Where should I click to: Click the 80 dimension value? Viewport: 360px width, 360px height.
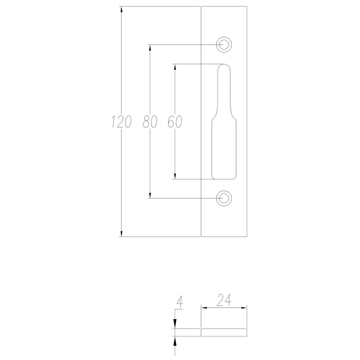pos(150,122)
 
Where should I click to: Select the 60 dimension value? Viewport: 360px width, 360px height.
pos(175,122)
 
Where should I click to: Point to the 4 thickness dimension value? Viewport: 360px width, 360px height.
pos(180,302)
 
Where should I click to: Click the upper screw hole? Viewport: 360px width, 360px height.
pos(224,45)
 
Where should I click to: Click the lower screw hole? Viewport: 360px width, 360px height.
pos(224,198)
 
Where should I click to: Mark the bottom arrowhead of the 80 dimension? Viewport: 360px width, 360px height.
pos(150,195)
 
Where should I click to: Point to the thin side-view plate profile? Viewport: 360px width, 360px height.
pos(224,331)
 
